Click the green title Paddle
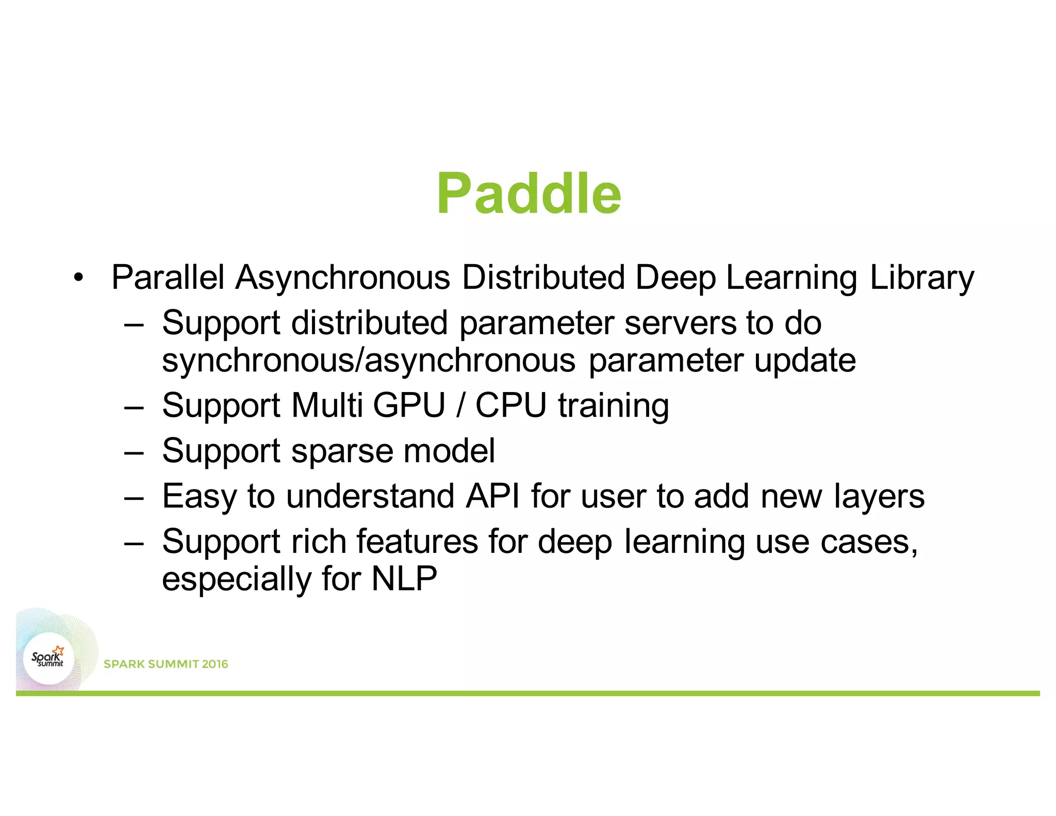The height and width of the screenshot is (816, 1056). pos(529,194)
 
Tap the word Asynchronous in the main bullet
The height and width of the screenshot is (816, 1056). pos(342,278)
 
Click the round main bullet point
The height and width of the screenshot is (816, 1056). pos(78,278)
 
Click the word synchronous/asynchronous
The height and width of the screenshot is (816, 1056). pos(369,360)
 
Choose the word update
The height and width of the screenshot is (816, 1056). pos(805,361)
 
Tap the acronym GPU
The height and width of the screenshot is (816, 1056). pos(408,405)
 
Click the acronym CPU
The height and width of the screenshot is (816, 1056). pos(510,405)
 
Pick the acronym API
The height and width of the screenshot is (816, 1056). pos(492,496)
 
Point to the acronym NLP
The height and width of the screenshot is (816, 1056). pos(404,579)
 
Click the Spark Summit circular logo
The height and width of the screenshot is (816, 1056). pos(48,659)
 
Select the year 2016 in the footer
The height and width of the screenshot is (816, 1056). pos(215,664)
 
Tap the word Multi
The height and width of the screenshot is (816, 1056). pos(327,405)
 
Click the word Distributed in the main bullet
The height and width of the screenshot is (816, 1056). pos(543,278)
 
